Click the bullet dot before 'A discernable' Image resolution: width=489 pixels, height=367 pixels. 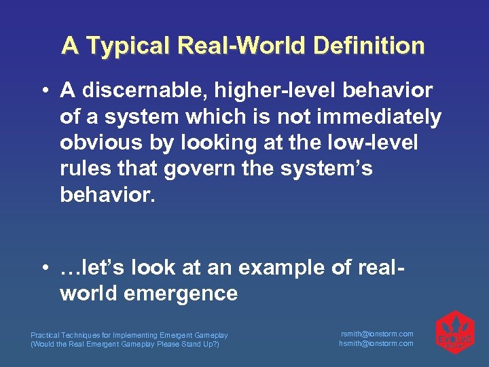coord(43,91)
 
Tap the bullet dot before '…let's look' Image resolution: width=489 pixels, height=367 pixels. coord(43,268)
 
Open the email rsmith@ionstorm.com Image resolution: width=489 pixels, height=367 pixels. coord(377,334)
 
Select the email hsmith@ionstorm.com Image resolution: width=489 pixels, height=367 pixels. coord(377,343)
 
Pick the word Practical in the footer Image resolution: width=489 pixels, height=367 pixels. coord(45,335)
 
